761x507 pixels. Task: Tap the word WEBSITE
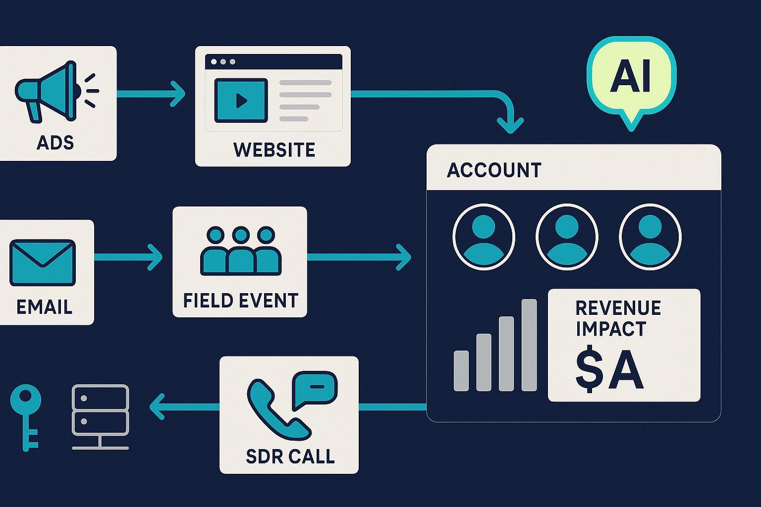coord(274,150)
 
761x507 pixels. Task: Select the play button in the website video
coord(241,101)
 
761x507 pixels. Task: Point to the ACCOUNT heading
coord(494,170)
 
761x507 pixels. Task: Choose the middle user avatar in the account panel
coord(567,237)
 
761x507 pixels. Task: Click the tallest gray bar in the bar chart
coord(529,345)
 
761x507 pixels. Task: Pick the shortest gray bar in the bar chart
coord(461,371)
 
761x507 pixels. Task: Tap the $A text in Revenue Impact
coord(609,369)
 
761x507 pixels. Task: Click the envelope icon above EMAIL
coord(43,262)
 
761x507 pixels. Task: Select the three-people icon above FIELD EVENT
coord(241,251)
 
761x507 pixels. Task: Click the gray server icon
coord(100,417)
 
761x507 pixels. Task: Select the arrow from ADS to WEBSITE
coord(151,94)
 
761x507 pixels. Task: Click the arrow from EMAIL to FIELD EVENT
coord(128,257)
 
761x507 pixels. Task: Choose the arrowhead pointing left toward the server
coord(158,407)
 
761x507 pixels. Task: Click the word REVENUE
coord(618,307)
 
